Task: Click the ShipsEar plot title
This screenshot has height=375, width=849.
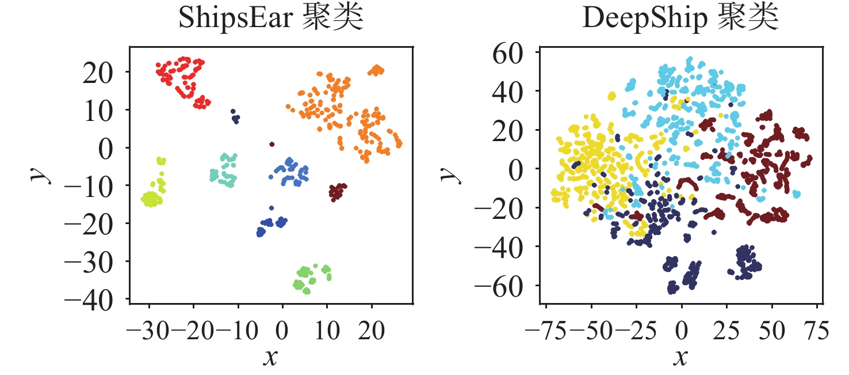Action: (x=271, y=19)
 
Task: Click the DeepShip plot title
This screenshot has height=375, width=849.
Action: (x=680, y=19)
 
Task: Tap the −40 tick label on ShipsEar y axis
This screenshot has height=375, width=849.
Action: (x=97, y=300)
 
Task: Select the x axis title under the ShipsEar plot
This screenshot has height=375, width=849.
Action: (x=271, y=358)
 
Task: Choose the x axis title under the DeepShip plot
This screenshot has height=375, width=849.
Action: (x=680, y=358)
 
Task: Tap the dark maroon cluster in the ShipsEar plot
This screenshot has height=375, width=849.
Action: (x=337, y=191)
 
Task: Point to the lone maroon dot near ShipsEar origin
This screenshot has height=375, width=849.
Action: (x=272, y=144)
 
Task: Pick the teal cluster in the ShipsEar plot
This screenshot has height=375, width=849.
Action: (x=224, y=171)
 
